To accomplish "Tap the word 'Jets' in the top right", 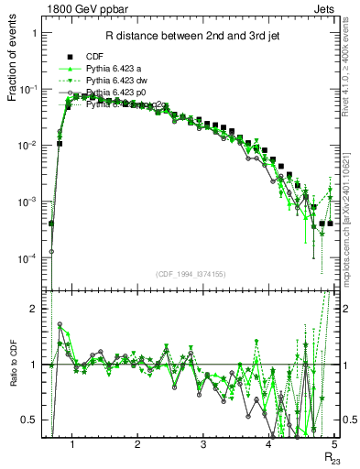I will [x=325, y=8].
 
